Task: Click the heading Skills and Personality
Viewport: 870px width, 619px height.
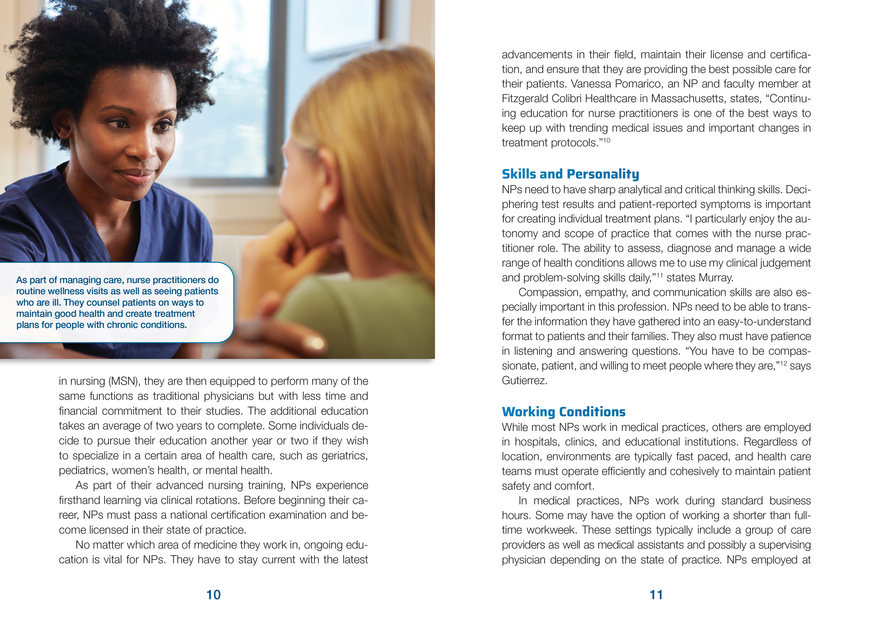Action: pos(570,174)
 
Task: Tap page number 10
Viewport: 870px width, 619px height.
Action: pos(213,595)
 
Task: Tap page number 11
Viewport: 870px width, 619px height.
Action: pos(656,595)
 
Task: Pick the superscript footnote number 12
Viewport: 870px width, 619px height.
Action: pos(783,363)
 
